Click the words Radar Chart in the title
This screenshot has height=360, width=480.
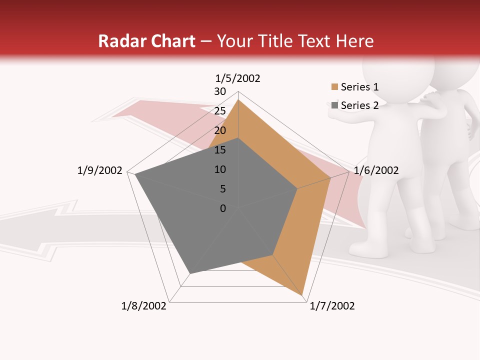click(146, 41)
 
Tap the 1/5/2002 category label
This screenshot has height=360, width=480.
click(238, 78)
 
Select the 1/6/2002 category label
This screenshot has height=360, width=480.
click(376, 170)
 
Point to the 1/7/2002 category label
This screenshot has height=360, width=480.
click(332, 306)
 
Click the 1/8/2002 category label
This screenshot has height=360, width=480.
click(144, 306)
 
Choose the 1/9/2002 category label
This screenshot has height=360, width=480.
click(99, 170)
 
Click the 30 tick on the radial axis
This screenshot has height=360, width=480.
click(220, 91)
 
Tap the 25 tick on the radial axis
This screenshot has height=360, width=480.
click(220, 111)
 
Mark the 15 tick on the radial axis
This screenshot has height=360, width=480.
click(220, 150)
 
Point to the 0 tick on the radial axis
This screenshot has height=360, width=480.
click(223, 208)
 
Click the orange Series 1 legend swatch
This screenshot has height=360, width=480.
click(334, 87)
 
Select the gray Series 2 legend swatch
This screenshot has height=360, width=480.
click(334, 105)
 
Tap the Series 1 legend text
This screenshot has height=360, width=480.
click(359, 87)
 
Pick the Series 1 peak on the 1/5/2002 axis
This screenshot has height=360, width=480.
click(238, 100)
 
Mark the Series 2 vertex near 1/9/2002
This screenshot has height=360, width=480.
click(135, 175)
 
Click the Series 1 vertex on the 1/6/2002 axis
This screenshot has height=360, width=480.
click(330, 177)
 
